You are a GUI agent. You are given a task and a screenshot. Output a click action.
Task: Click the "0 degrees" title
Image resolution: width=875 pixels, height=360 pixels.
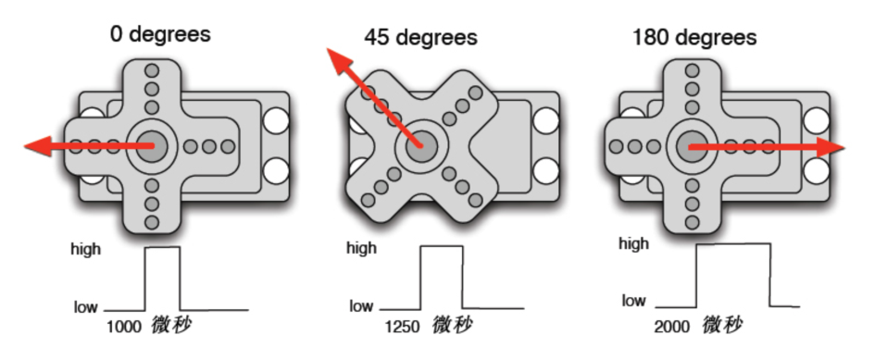(161, 34)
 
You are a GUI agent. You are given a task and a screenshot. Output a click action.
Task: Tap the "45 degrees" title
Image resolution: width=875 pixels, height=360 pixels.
(420, 37)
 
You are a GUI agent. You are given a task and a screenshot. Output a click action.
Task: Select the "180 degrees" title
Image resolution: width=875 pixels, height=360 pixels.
(694, 37)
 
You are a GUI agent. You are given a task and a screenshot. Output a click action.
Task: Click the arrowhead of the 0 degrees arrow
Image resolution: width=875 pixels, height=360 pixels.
(38, 146)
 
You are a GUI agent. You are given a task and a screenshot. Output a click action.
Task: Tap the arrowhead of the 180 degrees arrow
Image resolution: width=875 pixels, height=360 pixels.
(831, 148)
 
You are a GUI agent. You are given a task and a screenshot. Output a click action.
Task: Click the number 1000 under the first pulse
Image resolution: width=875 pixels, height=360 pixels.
(124, 327)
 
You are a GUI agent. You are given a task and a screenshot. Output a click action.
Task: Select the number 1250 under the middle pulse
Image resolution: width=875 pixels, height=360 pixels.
(402, 327)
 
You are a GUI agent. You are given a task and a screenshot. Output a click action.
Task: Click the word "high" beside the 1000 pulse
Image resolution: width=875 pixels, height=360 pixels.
(86, 249)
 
